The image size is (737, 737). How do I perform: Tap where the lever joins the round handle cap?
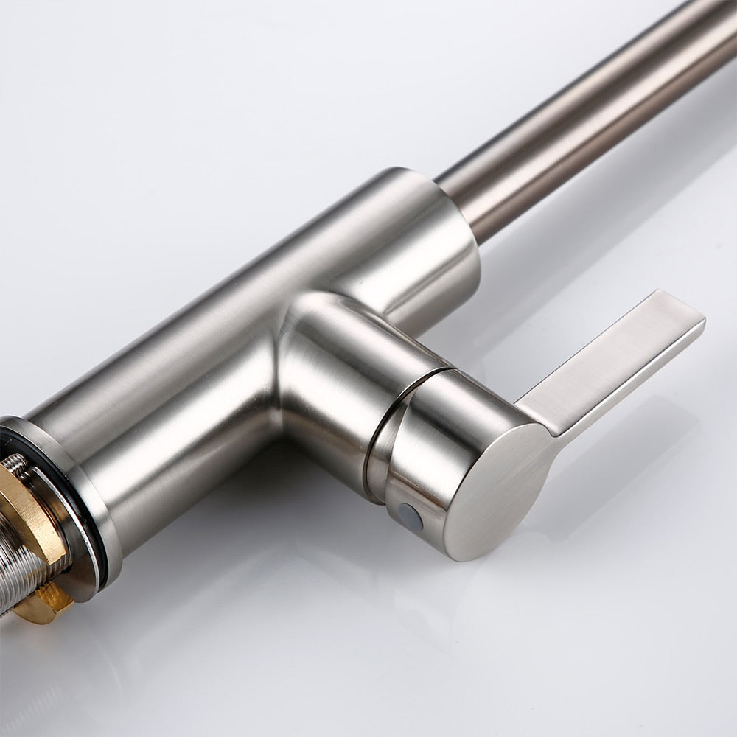coord(542,420)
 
